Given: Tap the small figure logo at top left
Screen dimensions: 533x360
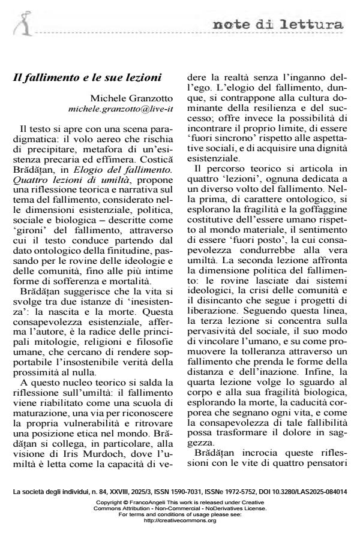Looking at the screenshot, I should pyautogui.click(x=25, y=23).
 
